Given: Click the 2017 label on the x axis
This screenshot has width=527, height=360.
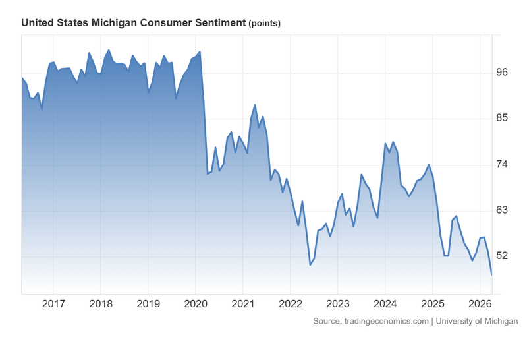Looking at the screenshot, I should pyautogui.click(x=53, y=305).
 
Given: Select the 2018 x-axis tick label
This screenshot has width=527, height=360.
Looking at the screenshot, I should pyautogui.click(x=101, y=305).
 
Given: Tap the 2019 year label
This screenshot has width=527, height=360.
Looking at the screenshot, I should pyautogui.click(x=148, y=305).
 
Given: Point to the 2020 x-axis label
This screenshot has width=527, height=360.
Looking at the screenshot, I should pyautogui.click(x=196, y=305).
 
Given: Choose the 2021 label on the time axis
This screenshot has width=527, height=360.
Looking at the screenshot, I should pyautogui.click(x=243, y=305).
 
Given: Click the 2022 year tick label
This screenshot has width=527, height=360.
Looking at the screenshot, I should pyautogui.click(x=291, y=305).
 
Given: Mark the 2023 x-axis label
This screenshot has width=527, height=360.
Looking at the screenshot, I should pyautogui.click(x=338, y=305).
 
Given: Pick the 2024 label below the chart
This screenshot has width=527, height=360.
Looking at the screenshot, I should pyautogui.click(x=385, y=305).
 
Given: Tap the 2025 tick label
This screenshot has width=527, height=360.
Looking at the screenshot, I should pyautogui.click(x=433, y=305).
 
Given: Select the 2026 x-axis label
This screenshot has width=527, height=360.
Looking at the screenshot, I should pyautogui.click(x=480, y=305).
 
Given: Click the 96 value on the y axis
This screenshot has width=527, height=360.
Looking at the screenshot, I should pyautogui.click(x=502, y=73).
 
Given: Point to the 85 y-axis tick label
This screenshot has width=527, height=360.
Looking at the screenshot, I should pyautogui.click(x=502, y=119).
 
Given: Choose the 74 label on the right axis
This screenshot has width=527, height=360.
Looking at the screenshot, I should pyautogui.click(x=502, y=164).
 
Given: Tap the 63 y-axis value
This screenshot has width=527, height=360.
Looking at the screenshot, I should pyautogui.click(x=502, y=210).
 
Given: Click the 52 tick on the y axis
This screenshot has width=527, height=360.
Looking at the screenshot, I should pyautogui.click(x=502, y=256).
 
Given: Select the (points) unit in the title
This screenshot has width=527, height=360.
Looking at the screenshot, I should pyautogui.click(x=264, y=24).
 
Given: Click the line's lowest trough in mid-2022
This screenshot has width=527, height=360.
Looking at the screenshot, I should pyautogui.click(x=310, y=265).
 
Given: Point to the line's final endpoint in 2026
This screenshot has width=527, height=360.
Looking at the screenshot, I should pyautogui.click(x=491, y=274).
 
